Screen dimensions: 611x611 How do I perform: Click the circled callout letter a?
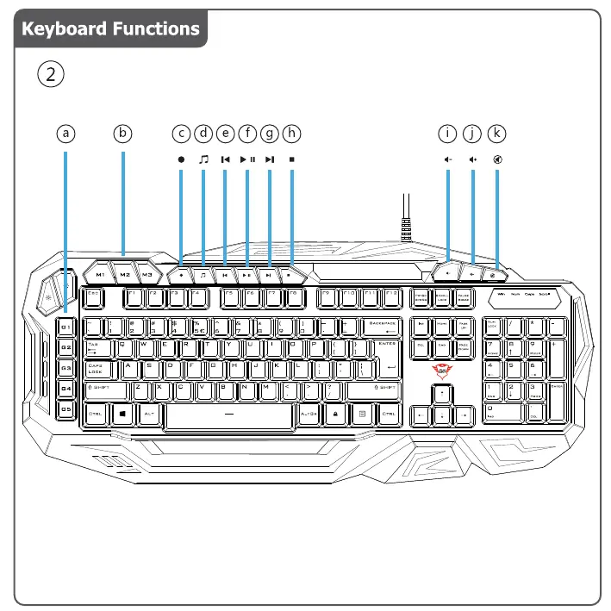point(65,134)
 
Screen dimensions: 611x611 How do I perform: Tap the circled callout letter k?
point(497,134)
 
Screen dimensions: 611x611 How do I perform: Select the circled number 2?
point(53,74)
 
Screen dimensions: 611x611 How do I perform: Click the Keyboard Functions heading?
point(110,28)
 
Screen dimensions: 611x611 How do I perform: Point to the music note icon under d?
point(203,159)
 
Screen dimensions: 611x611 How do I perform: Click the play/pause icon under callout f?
point(247,159)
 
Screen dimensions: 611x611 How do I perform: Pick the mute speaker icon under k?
point(497,159)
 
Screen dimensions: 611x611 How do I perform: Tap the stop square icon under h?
point(292,159)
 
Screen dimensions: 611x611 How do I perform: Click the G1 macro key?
point(65,327)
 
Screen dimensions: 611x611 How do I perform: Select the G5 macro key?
point(65,409)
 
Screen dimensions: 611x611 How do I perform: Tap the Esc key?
point(95,297)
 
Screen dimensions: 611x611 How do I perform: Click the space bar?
point(228,415)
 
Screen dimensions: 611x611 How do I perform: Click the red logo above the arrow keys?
point(441,371)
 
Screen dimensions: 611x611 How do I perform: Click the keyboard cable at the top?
point(405,215)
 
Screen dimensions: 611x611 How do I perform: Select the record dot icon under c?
point(181,159)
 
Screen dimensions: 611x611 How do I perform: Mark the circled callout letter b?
point(123,134)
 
